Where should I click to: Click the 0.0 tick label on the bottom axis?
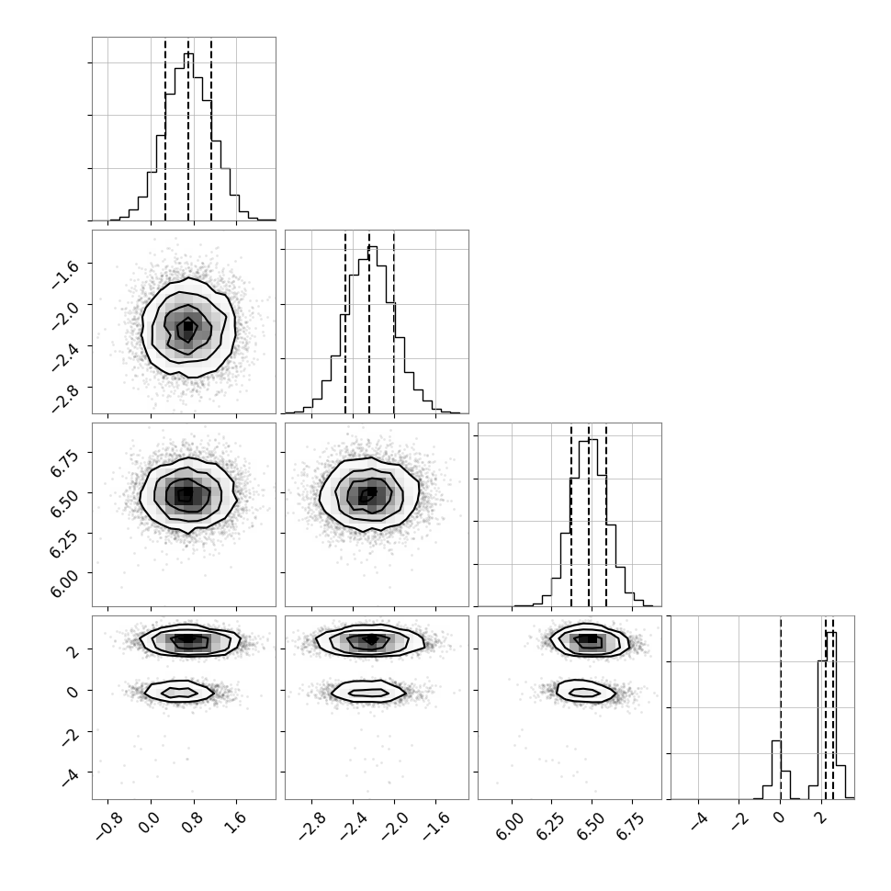tap(150, 823)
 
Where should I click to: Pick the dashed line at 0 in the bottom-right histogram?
tap(781, 708)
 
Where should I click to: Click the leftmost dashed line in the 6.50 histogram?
tap(571, 515)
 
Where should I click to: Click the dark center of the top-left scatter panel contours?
tap(187, 327)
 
